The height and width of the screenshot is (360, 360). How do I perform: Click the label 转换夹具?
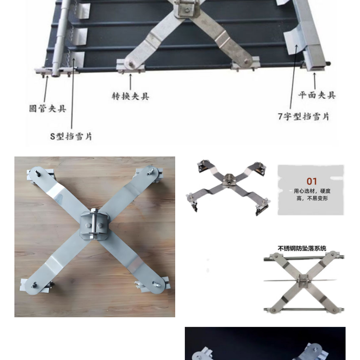(x=131, y=96)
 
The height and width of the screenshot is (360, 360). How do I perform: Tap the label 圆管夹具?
(x=48, y=108)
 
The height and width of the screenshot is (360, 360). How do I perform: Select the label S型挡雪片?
(x=71, y=136)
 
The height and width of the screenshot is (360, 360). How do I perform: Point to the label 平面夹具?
(x=317, y=95)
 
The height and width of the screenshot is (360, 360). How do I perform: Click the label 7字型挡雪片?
(x=303, y=117)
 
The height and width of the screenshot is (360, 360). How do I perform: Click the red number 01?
(x=312, y=181)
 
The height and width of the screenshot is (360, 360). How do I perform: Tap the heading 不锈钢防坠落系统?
(x=302, y=248)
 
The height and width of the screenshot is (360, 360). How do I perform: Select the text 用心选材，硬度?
(x=312, y=191)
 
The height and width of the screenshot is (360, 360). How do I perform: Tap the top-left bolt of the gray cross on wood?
(x=37, y=173)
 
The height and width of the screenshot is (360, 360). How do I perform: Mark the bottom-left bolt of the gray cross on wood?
(x=35, y=286)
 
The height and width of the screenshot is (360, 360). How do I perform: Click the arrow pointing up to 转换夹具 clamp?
(x=131, y=82)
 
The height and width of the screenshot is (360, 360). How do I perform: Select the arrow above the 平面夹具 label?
(x=314, y=81)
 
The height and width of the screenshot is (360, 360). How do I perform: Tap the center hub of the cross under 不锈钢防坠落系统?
(x=303, y=281)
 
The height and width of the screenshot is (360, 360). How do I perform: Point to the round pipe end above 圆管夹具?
(x=55, y=73)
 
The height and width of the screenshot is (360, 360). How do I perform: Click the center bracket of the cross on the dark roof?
(x=186, y=8)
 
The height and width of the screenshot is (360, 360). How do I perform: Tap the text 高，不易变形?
(x=312, y=198)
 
